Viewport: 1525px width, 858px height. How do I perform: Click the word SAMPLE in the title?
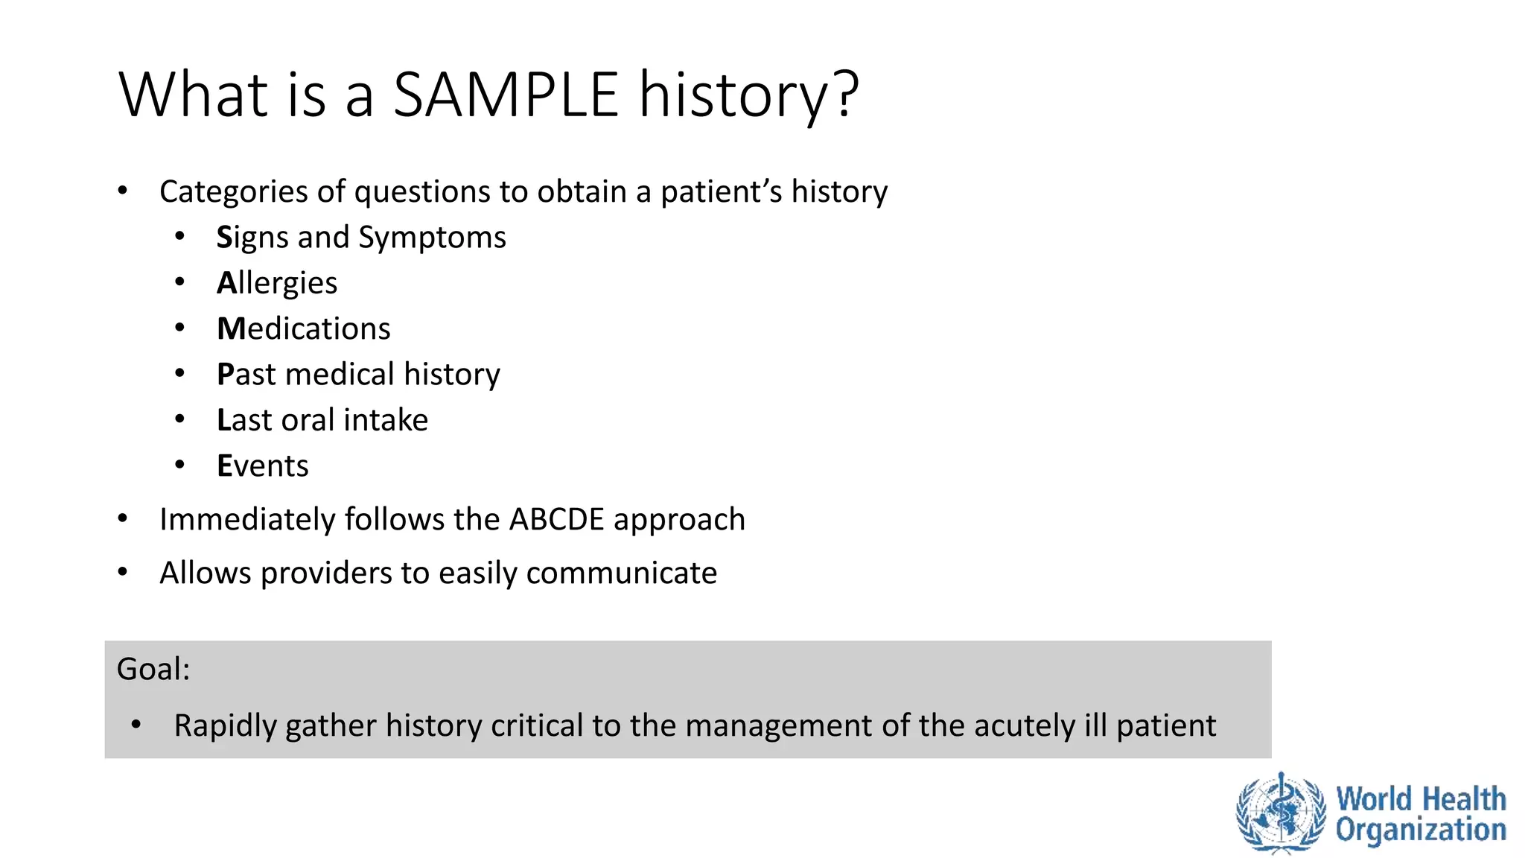pos(506,95)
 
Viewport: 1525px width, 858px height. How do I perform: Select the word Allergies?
pos(277,284)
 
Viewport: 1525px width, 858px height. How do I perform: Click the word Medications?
pos(303,329)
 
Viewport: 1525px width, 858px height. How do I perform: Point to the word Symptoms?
pos(432,238)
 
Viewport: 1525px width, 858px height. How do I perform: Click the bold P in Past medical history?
pos(225,374)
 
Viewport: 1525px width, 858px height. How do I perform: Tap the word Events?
pos(262,466)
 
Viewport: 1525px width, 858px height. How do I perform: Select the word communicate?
pos(621,573)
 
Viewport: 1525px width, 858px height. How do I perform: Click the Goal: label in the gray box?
pos(153,669)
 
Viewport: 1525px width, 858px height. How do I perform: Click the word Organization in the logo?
pos(1420,830)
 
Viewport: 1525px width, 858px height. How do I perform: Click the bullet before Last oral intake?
pos(179,419)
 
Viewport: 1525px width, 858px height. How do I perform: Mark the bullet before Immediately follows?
pos(123,518)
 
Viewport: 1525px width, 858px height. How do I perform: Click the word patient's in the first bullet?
pos(721,192)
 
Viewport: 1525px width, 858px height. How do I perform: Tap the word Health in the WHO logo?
pos(1463,799)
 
